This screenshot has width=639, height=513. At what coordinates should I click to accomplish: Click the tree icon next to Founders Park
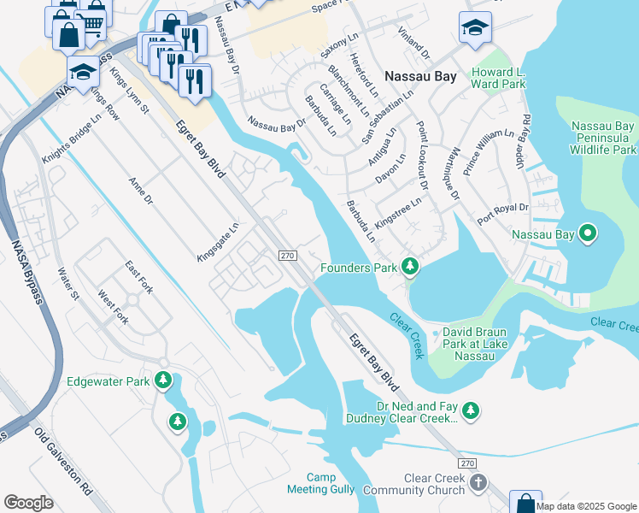411,268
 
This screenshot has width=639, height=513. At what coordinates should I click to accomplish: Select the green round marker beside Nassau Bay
588,233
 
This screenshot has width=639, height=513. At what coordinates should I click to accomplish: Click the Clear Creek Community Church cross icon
478,483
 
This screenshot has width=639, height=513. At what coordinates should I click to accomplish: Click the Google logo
28,503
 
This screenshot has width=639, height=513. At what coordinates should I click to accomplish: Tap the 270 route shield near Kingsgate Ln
288,255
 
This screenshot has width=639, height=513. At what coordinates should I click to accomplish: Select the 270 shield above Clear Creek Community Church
466,463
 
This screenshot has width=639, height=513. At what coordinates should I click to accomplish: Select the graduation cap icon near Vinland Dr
474,27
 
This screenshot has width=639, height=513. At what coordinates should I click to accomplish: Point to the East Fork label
138,278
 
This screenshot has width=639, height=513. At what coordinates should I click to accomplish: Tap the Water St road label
67,286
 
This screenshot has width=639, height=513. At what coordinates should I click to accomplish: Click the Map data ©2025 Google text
587,505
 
